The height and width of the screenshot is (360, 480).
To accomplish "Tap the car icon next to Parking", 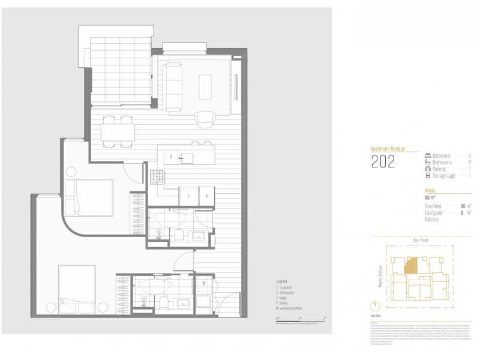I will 427,169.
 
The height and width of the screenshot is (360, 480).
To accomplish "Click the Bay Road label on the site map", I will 419,239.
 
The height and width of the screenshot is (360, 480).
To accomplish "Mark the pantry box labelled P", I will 207,196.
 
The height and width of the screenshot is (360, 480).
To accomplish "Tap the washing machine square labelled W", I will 204,283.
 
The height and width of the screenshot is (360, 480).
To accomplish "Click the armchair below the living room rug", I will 206,119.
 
